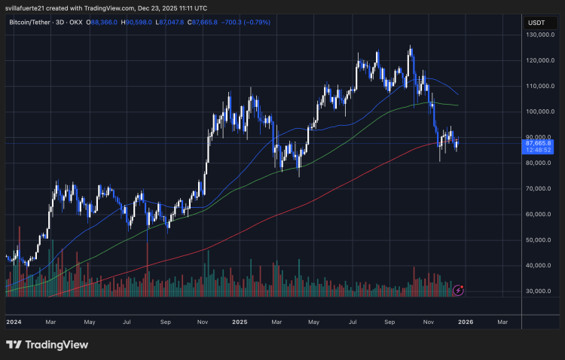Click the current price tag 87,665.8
[542, 143]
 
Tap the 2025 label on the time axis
[240, 322]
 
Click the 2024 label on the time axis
[13, 322]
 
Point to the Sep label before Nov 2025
[390, 322]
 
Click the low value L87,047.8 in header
[175, 23]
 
